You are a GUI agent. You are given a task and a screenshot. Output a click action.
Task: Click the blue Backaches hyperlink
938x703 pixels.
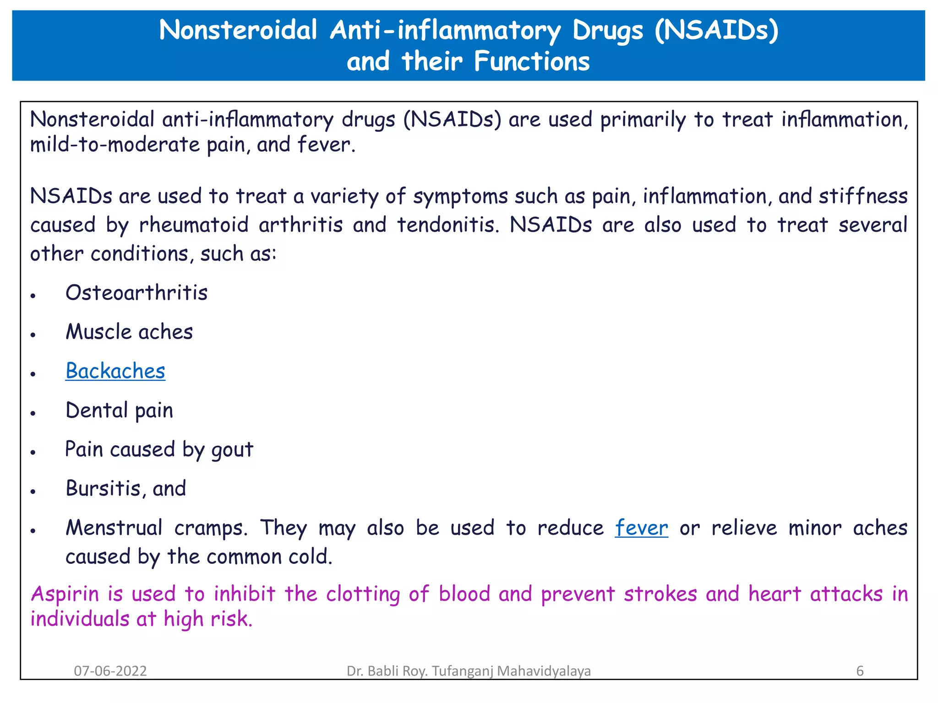pyautogui.click(x=115, y=371)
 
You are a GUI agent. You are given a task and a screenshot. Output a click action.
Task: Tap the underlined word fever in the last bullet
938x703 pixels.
pyautogui.click(x=641, y=528)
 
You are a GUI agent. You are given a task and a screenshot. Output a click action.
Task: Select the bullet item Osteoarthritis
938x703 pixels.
pyautogui.click(x=136, y=293)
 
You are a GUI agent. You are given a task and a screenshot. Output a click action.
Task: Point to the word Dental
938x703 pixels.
pyautogui.click(x=96, y=410)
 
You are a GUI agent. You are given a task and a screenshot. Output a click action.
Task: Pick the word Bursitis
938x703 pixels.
pyautogui.click(x=103, y=488)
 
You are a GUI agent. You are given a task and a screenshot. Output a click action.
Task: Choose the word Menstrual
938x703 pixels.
pyautogui.click(x=114, y=528)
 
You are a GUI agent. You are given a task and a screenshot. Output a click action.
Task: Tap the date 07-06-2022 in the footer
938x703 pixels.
pyautogui.click(x=110, y=671)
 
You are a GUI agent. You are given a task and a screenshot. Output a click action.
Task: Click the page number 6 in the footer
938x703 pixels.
pyautogui.click(x=860, y=671)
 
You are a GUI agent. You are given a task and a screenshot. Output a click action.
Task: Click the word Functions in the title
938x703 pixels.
pyautogui.click(x=532, y=61)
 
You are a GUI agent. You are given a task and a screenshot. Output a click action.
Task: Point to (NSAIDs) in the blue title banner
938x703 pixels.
pyautogui.click(x=716, y=31)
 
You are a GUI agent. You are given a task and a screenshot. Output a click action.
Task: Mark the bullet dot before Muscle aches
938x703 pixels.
pyautogui.click(x=33, y=335)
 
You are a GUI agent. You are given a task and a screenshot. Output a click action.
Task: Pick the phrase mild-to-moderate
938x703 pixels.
pyautogui.click(x=115, y=145)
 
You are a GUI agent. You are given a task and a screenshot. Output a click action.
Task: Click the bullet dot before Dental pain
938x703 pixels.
pyautogui.click(x=33, y=413)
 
